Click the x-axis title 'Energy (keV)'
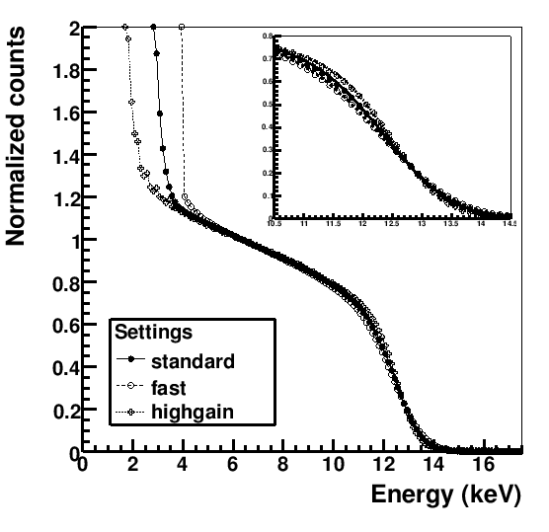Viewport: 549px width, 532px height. pyautogui.click(x=443, y=495)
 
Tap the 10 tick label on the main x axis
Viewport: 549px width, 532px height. pyautogui.click(x=334, y=465)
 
